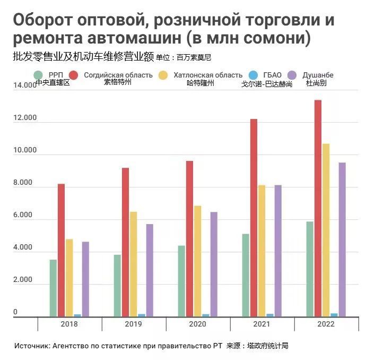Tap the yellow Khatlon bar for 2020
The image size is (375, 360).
point(197,261)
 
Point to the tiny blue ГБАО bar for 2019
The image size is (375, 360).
point(142,315)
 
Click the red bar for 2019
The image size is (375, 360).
point(125,242)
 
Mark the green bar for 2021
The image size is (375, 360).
point(246,275)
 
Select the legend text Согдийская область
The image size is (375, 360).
point(118,75)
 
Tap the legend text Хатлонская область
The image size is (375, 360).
point(207,75)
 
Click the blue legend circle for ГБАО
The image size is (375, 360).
point(253,75)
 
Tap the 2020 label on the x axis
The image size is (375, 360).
point(198,324)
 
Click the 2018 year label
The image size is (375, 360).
point(69,324)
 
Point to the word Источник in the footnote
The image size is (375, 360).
point(32,346)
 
